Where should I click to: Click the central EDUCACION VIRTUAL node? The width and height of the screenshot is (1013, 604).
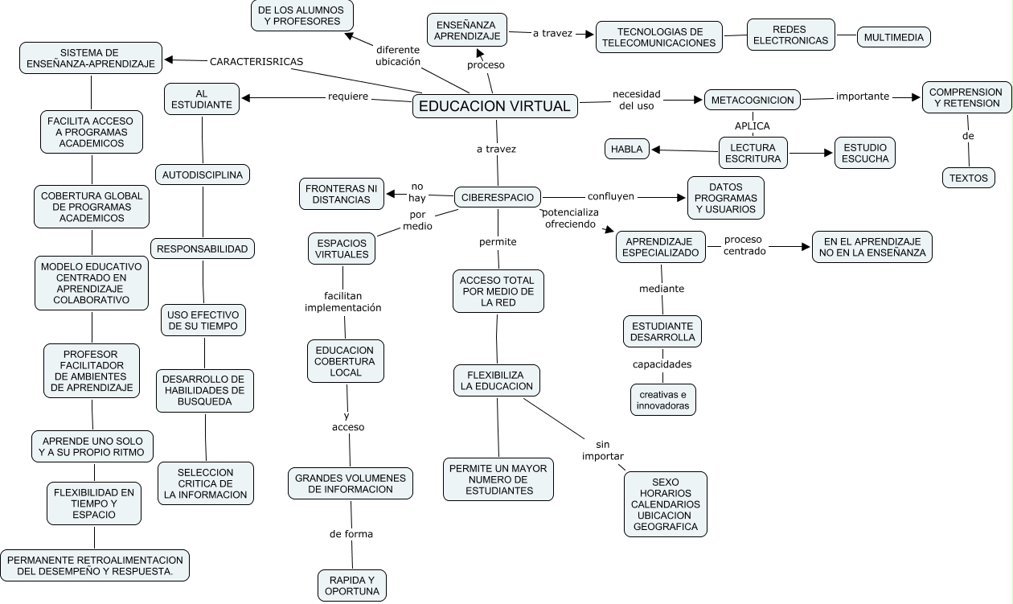click(495, 106)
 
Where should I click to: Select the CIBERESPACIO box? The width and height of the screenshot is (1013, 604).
click(498, 196)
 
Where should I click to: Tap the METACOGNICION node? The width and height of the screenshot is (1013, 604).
click(753, 100)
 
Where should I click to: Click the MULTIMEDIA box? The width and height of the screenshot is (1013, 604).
click(894, 37)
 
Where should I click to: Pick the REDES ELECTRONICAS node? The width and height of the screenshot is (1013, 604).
click(791, 35)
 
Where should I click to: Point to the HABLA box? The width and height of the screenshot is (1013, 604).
click(627, 149)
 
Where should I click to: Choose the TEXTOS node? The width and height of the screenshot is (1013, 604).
click(968, 178)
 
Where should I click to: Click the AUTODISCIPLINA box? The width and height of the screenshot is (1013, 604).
click(203, 174)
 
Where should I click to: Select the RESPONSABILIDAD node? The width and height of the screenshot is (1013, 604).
click(203, 249)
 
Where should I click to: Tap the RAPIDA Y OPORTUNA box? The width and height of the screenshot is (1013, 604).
click(352, 586)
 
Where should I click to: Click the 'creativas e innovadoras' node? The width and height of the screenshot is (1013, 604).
click(662, 400)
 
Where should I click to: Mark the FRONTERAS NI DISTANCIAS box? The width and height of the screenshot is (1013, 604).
click(342, 194)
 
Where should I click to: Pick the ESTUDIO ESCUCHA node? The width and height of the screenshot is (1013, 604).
click(865, 153)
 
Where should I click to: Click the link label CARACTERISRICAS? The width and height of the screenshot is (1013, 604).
click(256, 61)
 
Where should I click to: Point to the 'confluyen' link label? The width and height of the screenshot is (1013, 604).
click(611, 195)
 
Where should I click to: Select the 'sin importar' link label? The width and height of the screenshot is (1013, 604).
click(603, 450)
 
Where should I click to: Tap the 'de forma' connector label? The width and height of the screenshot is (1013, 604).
click(351, 534)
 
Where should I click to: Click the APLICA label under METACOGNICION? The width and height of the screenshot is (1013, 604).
click(753, 125)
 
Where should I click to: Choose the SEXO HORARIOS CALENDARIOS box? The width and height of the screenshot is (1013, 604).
click(666, 504)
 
